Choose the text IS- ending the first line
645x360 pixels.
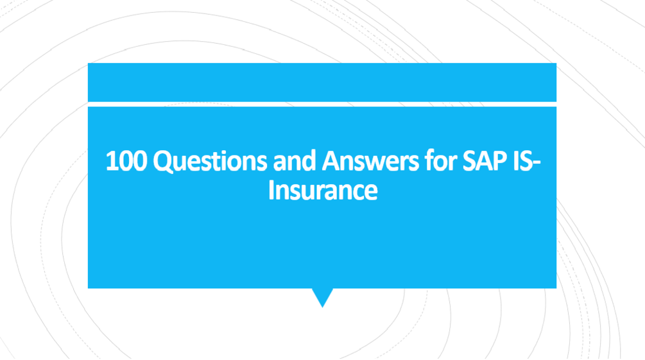coord(524,162)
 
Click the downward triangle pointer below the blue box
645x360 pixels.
coord(322,297)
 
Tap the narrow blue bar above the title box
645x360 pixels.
coord(322,81)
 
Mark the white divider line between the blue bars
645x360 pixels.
coord(322,104)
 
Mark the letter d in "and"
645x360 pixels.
coord(308,162)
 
